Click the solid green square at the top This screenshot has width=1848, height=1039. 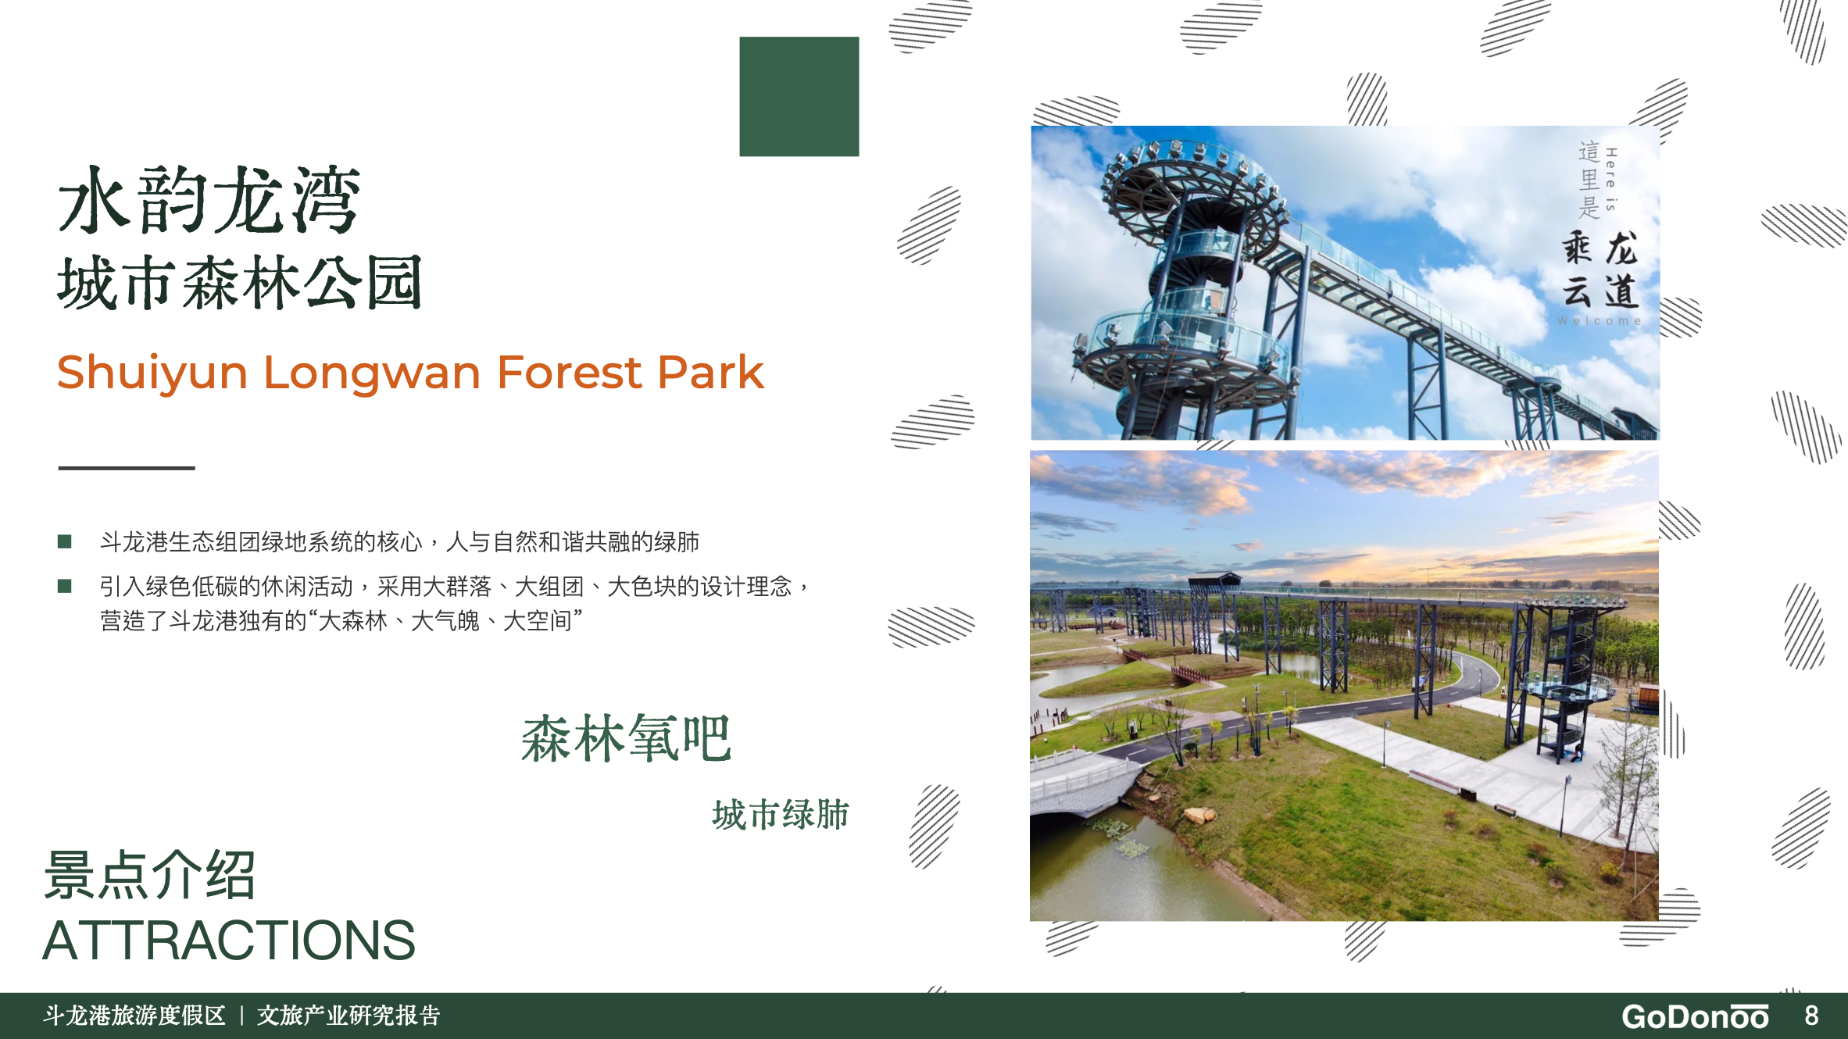[x=799, y=96]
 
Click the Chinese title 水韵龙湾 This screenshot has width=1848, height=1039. [x=209, y=201]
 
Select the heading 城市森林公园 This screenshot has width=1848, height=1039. [x=240, y=283]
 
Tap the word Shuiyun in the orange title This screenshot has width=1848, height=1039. [x=152, y=373]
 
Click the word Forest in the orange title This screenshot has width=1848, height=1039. [x=569, y=372]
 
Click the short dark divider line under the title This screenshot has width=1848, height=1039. [x=127, y=468]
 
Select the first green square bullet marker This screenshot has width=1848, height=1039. [x=65, y=541]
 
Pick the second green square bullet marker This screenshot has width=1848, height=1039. [x=65, y=586]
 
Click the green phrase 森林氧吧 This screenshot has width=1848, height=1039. [x=626, y=738]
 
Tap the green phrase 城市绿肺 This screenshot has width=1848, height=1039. [x=780, y=815]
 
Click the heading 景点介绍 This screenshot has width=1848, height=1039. [x=150, y=875]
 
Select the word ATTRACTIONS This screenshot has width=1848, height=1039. [x=228, y=941]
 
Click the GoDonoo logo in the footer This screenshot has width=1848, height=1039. [x=1695, y=1016]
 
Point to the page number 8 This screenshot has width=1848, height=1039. [x=1811, y=1016]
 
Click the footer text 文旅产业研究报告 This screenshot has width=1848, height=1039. [x=349, y=1016]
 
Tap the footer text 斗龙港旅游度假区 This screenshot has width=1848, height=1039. [x=134, y=1016]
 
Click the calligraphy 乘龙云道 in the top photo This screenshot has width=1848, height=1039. [x=1600, y=270]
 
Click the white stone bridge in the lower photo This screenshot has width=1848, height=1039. [x=1082, y=781]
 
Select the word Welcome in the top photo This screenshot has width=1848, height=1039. [x=1599, y=321]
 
